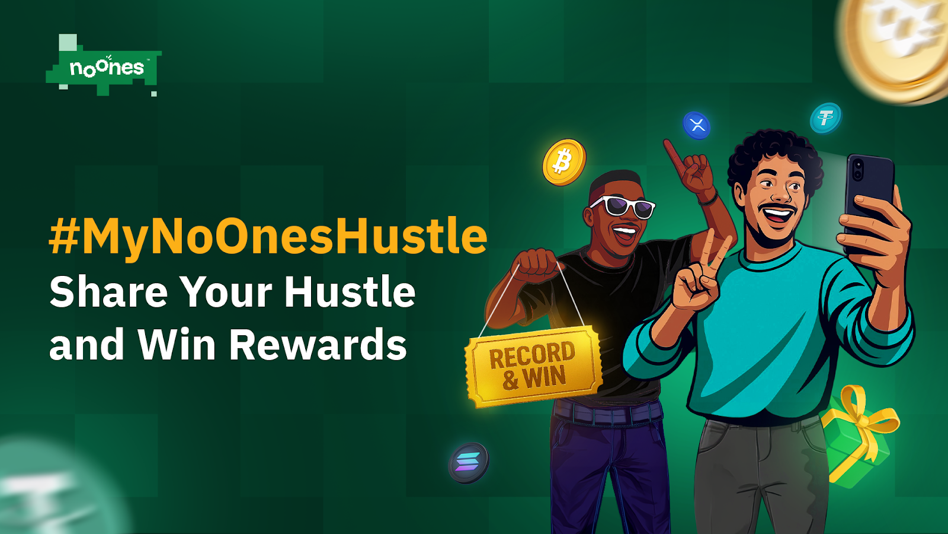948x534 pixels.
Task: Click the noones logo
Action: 104,66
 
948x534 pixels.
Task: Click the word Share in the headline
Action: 108,292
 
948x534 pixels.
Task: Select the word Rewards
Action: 318,344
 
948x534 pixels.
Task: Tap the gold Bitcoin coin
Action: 564,162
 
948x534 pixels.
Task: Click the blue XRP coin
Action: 697,125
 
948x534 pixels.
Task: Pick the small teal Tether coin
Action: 825,118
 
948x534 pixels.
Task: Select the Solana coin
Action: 469,463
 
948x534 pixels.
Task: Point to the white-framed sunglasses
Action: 623,207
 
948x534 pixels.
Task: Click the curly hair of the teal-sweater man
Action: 774,157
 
